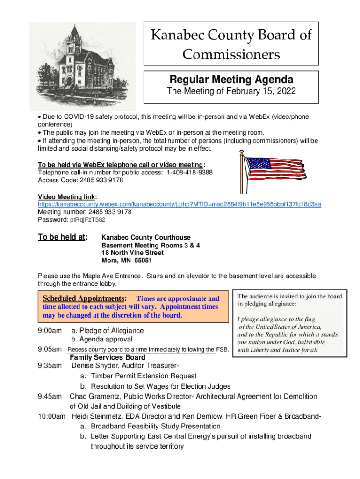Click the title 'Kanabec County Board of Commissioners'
[x=230, y=44]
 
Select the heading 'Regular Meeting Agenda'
[x=231, y=79]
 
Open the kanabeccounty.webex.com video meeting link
[x=179, y=204]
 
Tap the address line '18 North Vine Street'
[x=133, y=253]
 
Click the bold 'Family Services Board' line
[x=104, y=357]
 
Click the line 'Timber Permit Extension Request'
[x=144, y=376]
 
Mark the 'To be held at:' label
[x=63, y=237]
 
